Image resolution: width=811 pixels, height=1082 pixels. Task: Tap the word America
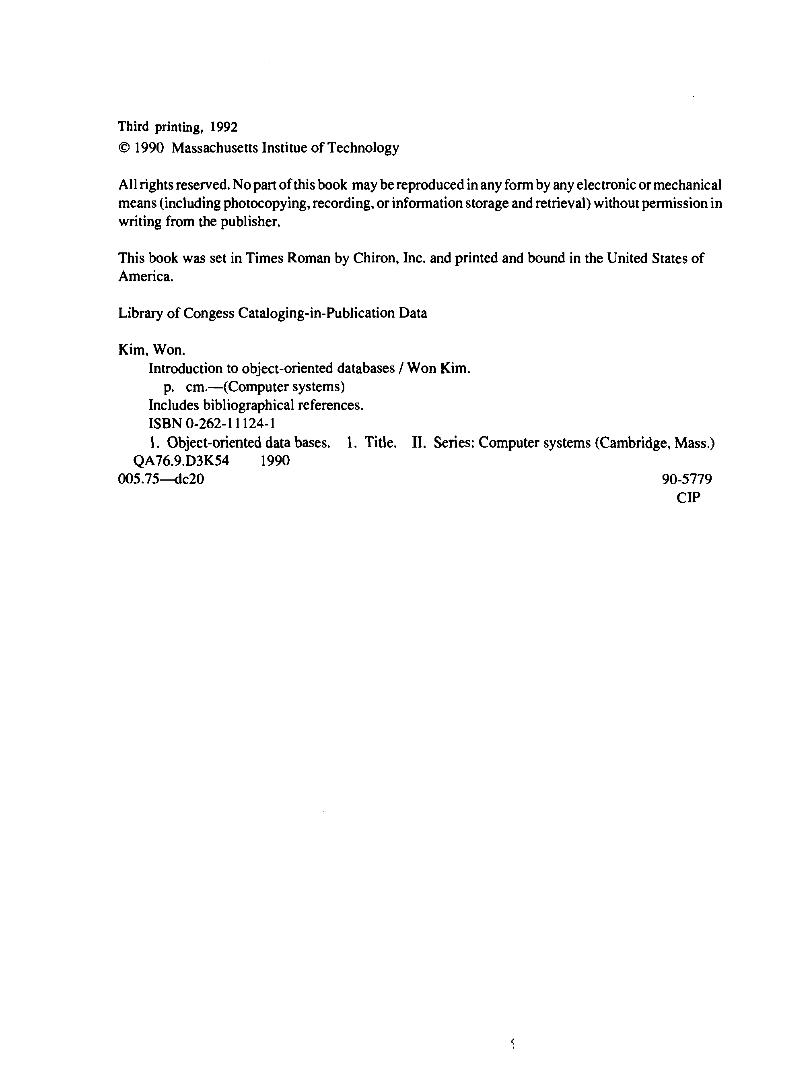click(146, 277)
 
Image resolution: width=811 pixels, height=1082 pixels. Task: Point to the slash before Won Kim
click(401, 368)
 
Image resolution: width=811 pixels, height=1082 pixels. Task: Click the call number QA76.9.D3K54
click(181, 461)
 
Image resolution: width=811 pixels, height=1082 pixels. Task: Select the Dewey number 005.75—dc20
click(161, 479)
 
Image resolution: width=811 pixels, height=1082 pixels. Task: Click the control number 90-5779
click(687, 479)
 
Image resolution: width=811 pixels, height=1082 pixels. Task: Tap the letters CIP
click(688, 498)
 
